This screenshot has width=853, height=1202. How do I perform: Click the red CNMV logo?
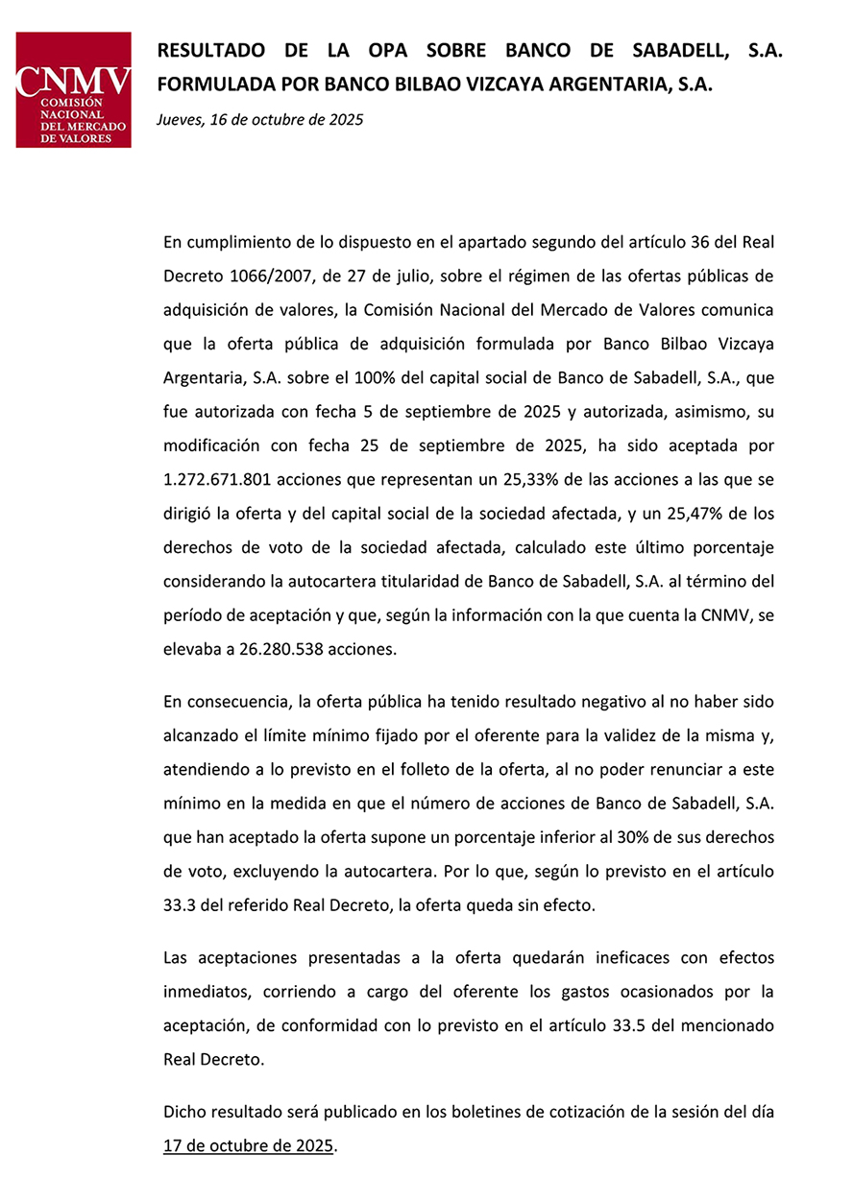tap(73, 89)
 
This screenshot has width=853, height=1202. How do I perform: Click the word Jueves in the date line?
tap(181, 121)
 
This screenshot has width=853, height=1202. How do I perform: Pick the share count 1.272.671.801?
tap(226, 479)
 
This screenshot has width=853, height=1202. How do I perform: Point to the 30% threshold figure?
tap(631, 837)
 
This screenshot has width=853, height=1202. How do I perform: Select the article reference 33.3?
tap(183, 905)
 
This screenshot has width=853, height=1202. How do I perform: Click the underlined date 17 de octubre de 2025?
tap(248, 1146)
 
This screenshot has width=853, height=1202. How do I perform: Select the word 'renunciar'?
tap(672, 770)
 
